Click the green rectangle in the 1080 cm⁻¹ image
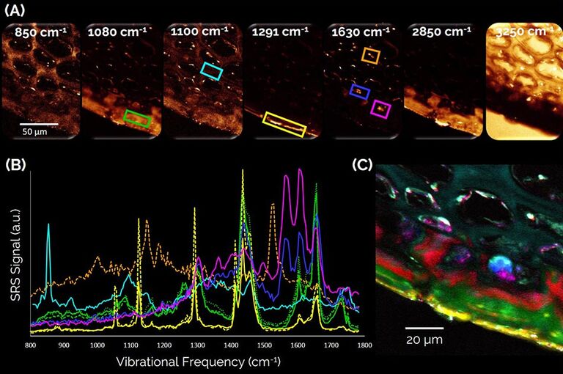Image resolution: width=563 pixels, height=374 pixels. (137, 117)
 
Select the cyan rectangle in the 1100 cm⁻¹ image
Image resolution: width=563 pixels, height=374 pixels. (211, 71)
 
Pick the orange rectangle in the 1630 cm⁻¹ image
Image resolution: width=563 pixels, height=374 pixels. (371, 54)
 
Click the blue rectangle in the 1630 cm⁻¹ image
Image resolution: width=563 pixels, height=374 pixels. (358, 91)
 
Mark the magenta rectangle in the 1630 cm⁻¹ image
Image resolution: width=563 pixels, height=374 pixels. (381, 109)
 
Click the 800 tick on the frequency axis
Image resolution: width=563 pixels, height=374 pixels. (31, 343)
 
